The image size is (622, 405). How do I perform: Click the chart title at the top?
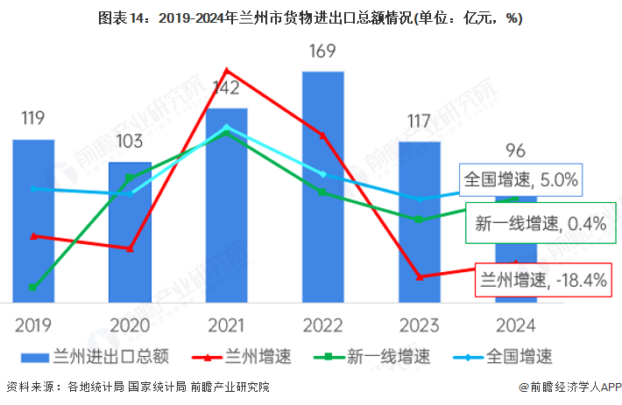pyautogui.click(x=311, y=18)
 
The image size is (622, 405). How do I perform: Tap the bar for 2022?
pyautogui.click(x=323, y=188)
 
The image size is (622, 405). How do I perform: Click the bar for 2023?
pyautogui.click(x=420, y=222)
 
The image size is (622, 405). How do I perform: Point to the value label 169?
pyautogui.click(x=323, y=52)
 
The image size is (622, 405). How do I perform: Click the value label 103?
pyautogui.click(x=130, y=141)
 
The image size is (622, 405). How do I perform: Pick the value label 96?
pyautogui.click(x=516, y=149)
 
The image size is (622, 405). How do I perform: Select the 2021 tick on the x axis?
pyautogui.click(x=226, y=325)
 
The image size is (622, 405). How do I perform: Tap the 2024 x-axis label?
pyautogui.click(x=516, y=325)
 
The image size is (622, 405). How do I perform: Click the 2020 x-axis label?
pyautogui.click(x=130, y=325)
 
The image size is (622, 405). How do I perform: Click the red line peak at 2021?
pyautogui.click(x=227, y=70)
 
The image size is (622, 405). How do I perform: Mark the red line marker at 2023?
pyautogui.click(x=420, y=276)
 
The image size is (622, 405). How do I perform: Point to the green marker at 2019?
pyautogui.click(x=33, y=287)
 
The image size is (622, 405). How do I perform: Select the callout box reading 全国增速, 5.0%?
pyautogui.click(x=520, y=181)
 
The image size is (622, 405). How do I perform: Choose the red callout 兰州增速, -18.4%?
pyautogui.click(x=542, y=280)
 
